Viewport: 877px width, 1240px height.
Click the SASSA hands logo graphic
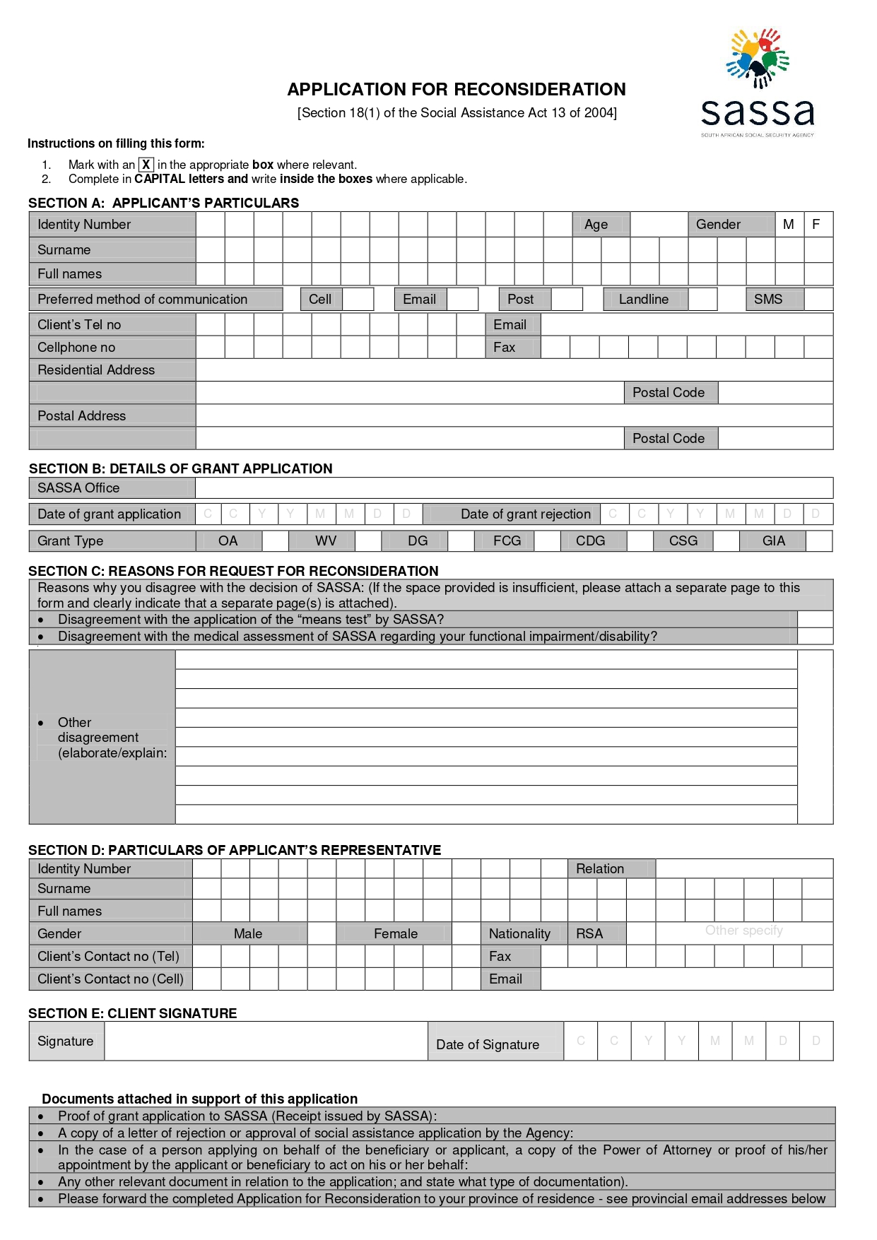[758, 58]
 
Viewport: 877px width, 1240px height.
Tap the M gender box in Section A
[789, 224]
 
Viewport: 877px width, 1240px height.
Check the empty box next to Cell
[358, 299]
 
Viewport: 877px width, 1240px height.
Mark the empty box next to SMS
[818, 299]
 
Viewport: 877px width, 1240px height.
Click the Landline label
[644, 299]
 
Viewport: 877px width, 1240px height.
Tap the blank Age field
[658, 224]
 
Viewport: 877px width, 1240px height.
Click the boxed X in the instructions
[146, 165]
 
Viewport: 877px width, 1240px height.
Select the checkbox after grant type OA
[275, 541]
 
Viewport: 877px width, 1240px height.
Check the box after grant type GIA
[818, 541]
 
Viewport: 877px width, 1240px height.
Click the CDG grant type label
[590, 541]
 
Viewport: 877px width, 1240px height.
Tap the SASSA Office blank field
[514, 488]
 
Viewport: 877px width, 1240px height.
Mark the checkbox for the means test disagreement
[815, 620]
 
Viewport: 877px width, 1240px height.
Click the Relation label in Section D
[600, 868]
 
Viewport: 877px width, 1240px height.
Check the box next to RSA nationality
[640, 933]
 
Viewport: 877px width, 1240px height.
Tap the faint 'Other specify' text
[743, 931]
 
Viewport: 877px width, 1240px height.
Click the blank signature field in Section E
[265, 1041]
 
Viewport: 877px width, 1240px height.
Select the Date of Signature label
[488, 1044]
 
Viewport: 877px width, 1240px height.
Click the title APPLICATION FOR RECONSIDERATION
[456, 89]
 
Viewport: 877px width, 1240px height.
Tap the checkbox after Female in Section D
[465, 933]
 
